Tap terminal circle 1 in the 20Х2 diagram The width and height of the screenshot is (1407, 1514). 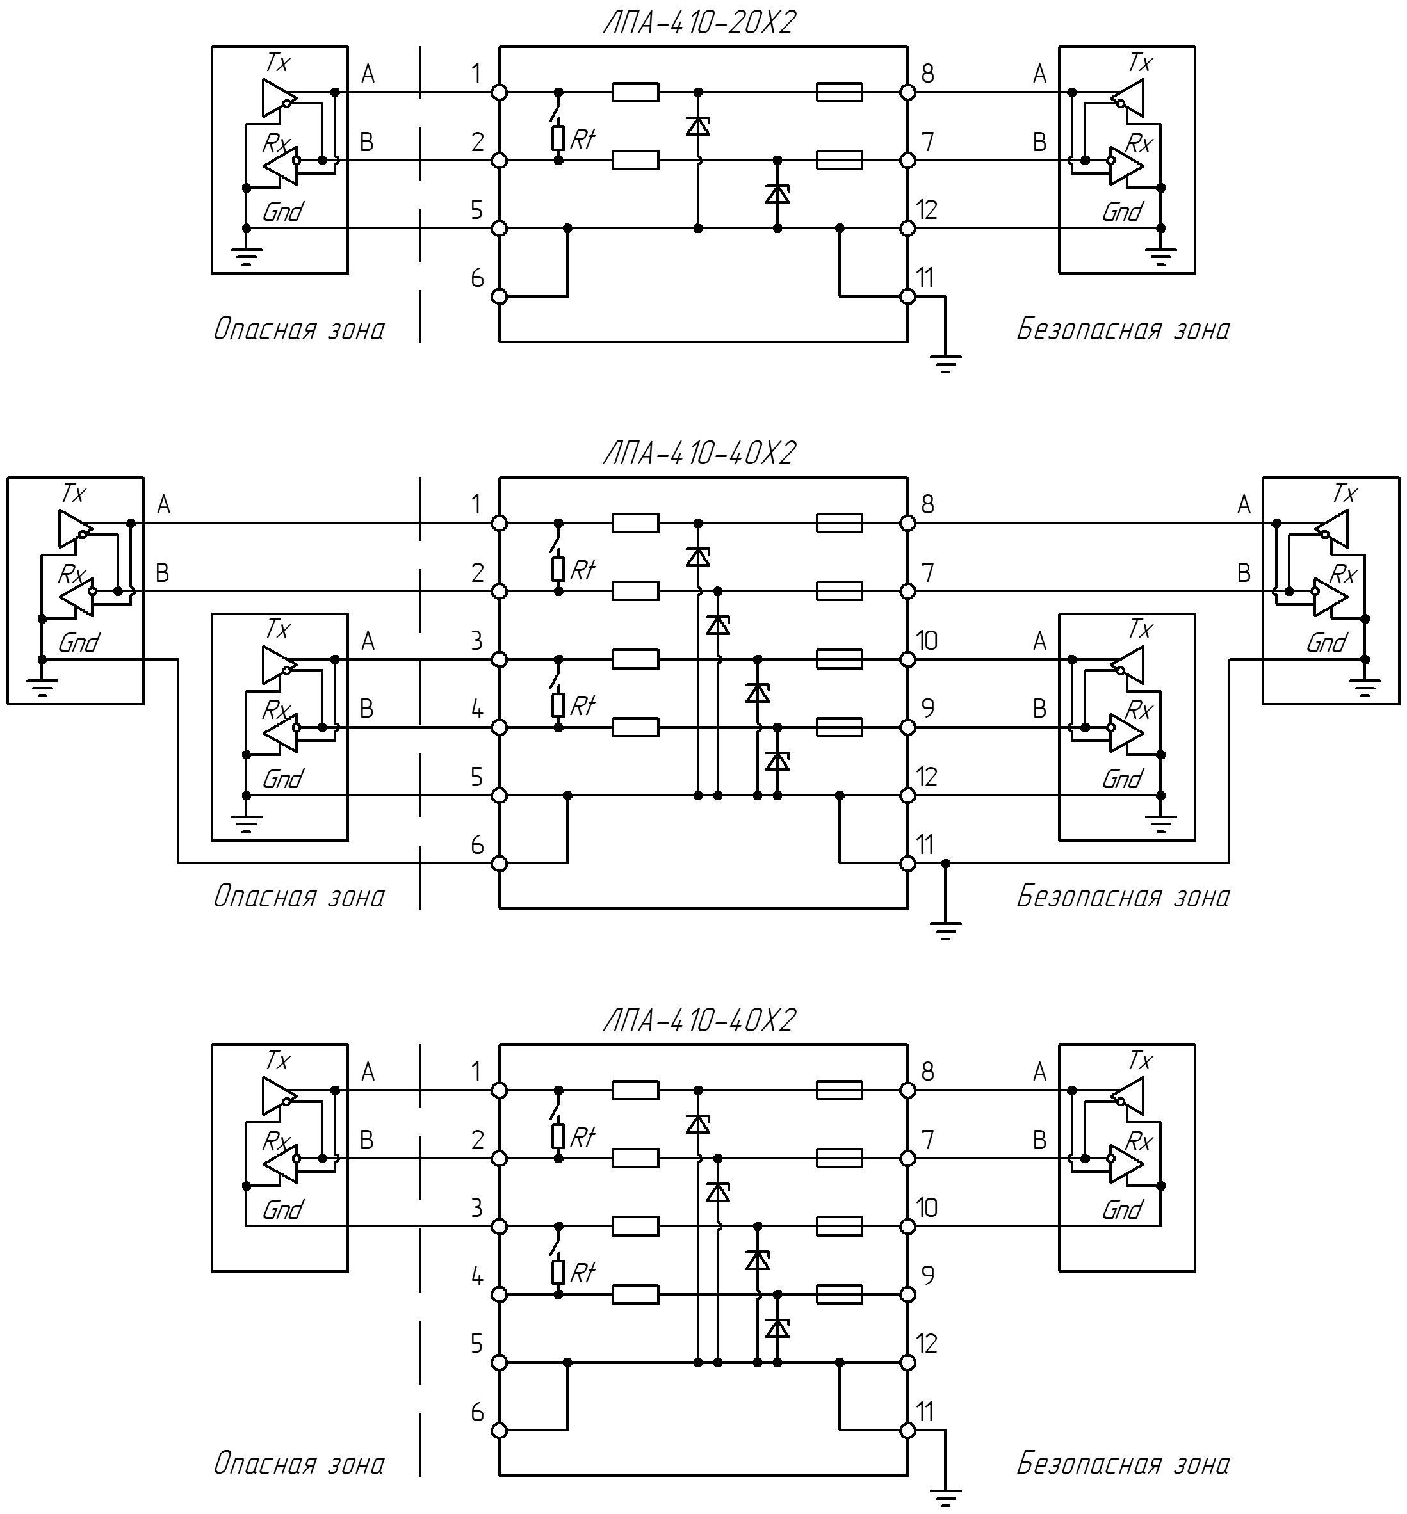pyautogui.click(x=500, y=92)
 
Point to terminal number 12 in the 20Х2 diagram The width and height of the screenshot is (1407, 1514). pyautogui.click(x=927, y=209)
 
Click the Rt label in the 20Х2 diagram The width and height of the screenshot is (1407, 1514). pyautogui.click(x=582, y=140)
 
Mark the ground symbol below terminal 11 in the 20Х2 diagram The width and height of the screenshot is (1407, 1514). pyautogui.click(x=945, y=364)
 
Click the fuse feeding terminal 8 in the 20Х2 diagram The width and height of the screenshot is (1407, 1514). pyautogui.click(x=839, y=92)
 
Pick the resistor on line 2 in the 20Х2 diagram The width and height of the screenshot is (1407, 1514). pyautogui.click(x=635, y=160)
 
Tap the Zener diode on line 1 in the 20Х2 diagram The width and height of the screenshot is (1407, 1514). pyautogui.click(x=698, y=125)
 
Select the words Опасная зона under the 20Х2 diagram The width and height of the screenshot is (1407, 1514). pyautogui.click(x=298, y=330)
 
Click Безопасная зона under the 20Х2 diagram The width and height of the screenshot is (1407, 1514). pyautogui.click(x=1123, y=330)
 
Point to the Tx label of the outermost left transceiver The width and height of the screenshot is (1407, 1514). pyautogui.click(x=74, y=493)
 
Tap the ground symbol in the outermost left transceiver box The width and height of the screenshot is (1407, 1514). pyautogui.click(x=43, y=688)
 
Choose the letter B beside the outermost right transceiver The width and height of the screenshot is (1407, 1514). pyautogui.click(x=1244, y=572)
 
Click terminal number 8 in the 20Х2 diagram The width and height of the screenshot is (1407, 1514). pyautogui.click(x=927, y=74)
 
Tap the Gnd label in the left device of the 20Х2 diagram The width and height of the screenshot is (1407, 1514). pyautogui.click(x=282, y=211)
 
